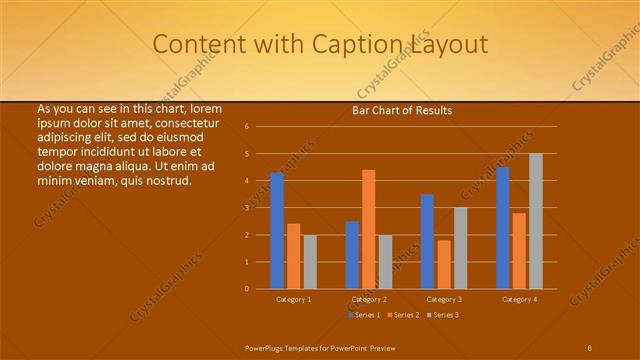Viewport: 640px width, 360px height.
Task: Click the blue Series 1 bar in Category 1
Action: (277, 231)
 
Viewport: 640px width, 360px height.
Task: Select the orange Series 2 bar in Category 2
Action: (368, 229)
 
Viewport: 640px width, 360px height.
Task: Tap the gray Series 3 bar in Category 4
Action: (536, 221)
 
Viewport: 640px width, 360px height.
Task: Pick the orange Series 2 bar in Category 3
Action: (444, 264)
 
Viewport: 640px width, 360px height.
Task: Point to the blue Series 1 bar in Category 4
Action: (503, 228)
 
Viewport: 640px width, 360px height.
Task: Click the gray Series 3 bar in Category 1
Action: (310, 262)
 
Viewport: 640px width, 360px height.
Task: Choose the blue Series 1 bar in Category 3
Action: (427, 241)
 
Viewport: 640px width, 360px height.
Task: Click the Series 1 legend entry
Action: (364, 315)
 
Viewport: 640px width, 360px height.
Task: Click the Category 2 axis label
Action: (368, 299)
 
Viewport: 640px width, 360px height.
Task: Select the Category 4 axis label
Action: (519, 299)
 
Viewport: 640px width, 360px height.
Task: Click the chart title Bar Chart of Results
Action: (401, 110)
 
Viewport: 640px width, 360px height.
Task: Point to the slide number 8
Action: (589, 347)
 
